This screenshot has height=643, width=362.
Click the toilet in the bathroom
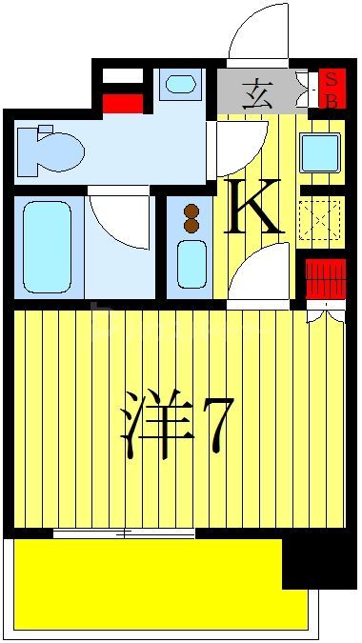coord(51,150)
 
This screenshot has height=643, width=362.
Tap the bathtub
coord(47,247)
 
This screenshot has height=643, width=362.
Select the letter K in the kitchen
coord(254,208)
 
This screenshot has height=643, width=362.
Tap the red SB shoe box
coord(332,89)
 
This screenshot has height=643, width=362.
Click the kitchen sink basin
coord(320,152)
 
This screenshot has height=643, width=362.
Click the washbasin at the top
coord(180,84)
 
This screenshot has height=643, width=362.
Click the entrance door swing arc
coord(257,34)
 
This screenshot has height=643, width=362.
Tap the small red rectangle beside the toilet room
coord(122,104)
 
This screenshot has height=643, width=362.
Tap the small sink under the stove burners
coord(191,263)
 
